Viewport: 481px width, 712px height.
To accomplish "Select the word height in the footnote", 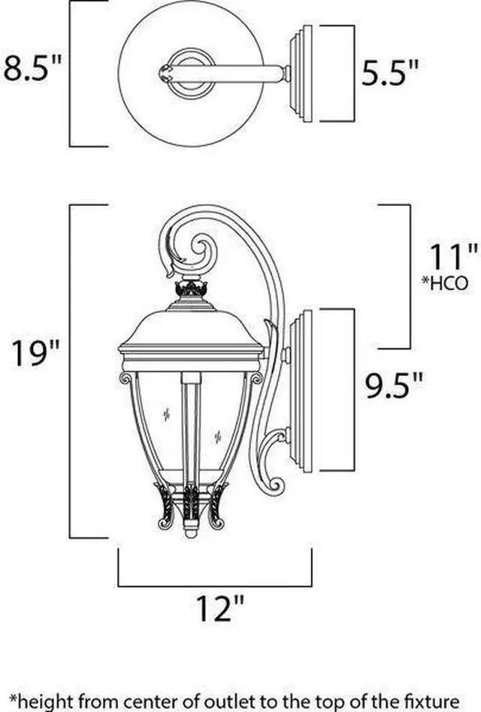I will pos(45,698).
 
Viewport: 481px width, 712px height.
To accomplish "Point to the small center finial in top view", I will pos(167,72).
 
